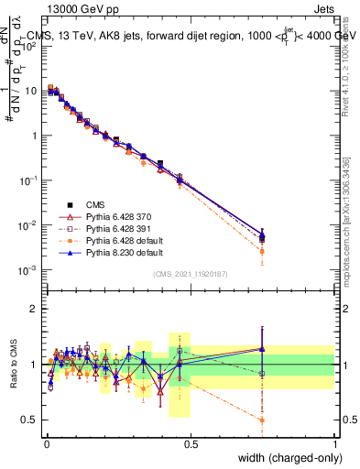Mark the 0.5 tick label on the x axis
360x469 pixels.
[x=191, y=444]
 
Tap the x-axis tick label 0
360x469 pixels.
[x=46, y=444]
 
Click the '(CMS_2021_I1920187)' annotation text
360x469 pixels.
[x=190, y=273]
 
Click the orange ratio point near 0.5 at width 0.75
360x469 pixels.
[x=263, y=420]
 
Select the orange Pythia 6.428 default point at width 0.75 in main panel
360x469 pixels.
[x=263, y=251]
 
